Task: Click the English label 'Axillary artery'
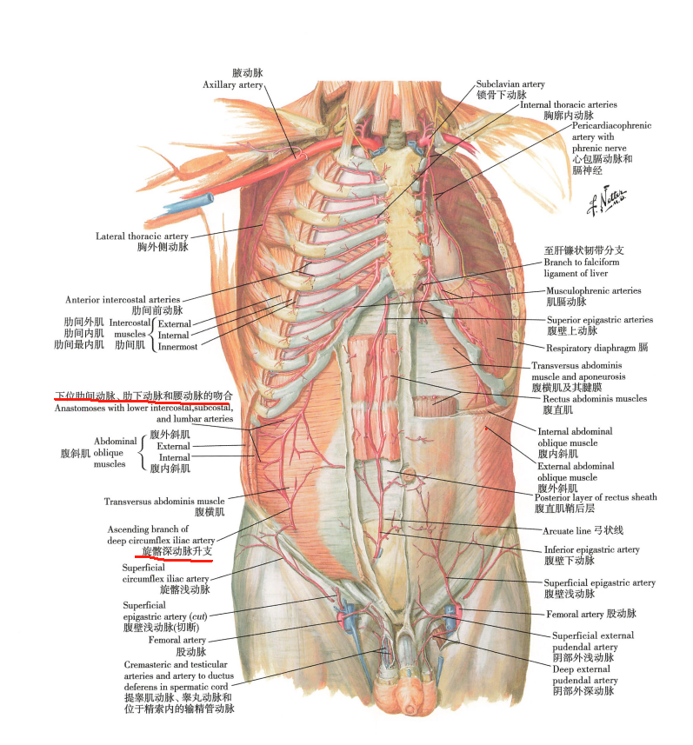(233, 84)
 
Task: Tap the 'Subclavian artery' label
(510, 84)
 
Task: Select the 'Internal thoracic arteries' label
(569, 104)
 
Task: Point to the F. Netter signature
(607, 200)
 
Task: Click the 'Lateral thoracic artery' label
(142, 236)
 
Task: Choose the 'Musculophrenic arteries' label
(594, 290)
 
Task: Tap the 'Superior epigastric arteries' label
(600, 320)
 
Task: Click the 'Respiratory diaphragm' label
(590, 349)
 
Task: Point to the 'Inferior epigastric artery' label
(592, 549)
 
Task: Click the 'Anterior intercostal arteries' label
(123, 300)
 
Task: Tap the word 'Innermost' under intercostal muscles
(177, 347)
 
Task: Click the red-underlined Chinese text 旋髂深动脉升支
(177, 552)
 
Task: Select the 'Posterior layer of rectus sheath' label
(596, 497)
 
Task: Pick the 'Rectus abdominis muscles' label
(595, 399)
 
